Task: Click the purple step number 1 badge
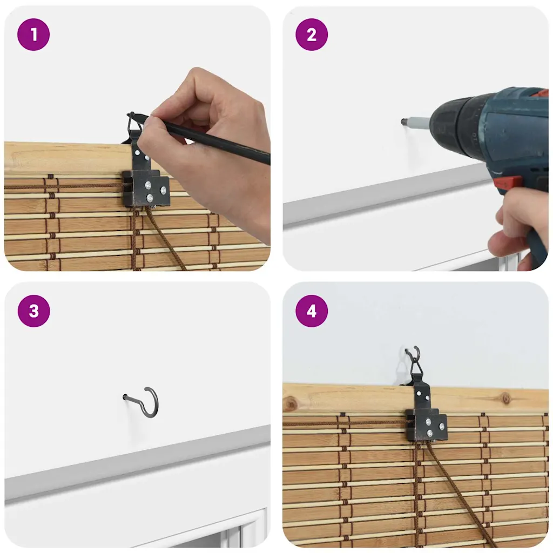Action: (x=33, y=35)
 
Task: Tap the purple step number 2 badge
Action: (x=312, y=35)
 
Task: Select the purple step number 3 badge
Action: (x=34, y=311)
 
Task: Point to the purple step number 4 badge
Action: (x=312, y=311)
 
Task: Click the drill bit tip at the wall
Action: (x=403, y=122)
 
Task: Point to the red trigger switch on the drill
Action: (x=507, y=183)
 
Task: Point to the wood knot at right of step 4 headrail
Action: (x=506, y=399)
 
